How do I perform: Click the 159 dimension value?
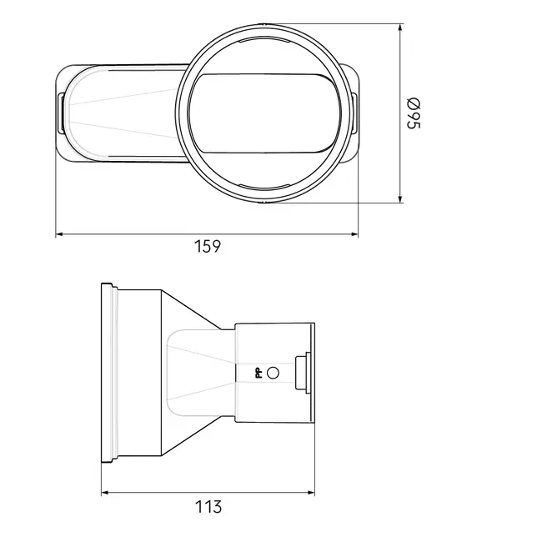click(208, 247)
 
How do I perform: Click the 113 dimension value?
click(208, 507)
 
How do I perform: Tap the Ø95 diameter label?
click(414, 113)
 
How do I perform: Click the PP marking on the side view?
click(258, 373)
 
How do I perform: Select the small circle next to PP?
click(273, 373)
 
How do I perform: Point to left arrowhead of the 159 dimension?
click(59, 234)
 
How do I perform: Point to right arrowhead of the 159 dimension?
click(354, 234)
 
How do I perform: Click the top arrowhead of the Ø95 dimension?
click(400, 28)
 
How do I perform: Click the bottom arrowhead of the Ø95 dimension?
click(400, 199)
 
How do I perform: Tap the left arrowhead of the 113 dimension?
click(105, 493)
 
